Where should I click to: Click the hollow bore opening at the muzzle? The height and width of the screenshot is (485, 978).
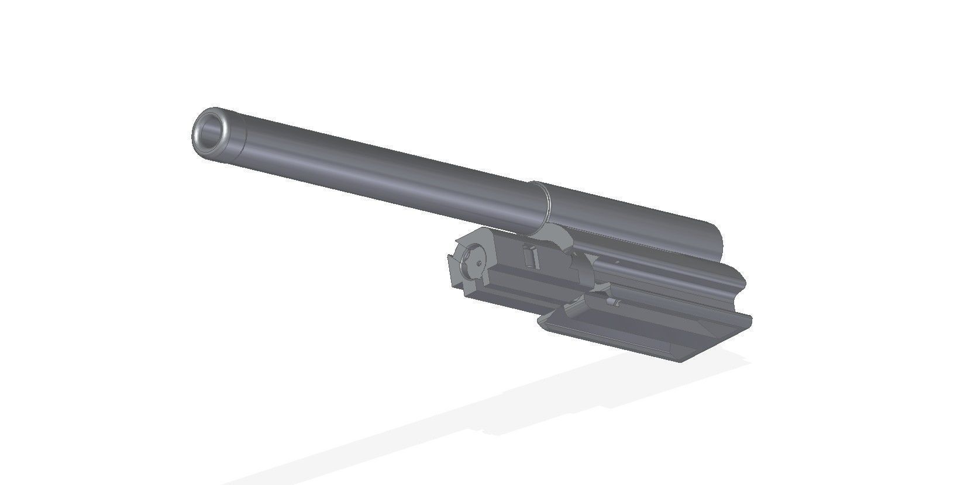pos(211,130)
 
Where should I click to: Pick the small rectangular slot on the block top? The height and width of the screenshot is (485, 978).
pos(531,257)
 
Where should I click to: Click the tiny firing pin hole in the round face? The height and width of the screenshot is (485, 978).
pos(478,264)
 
